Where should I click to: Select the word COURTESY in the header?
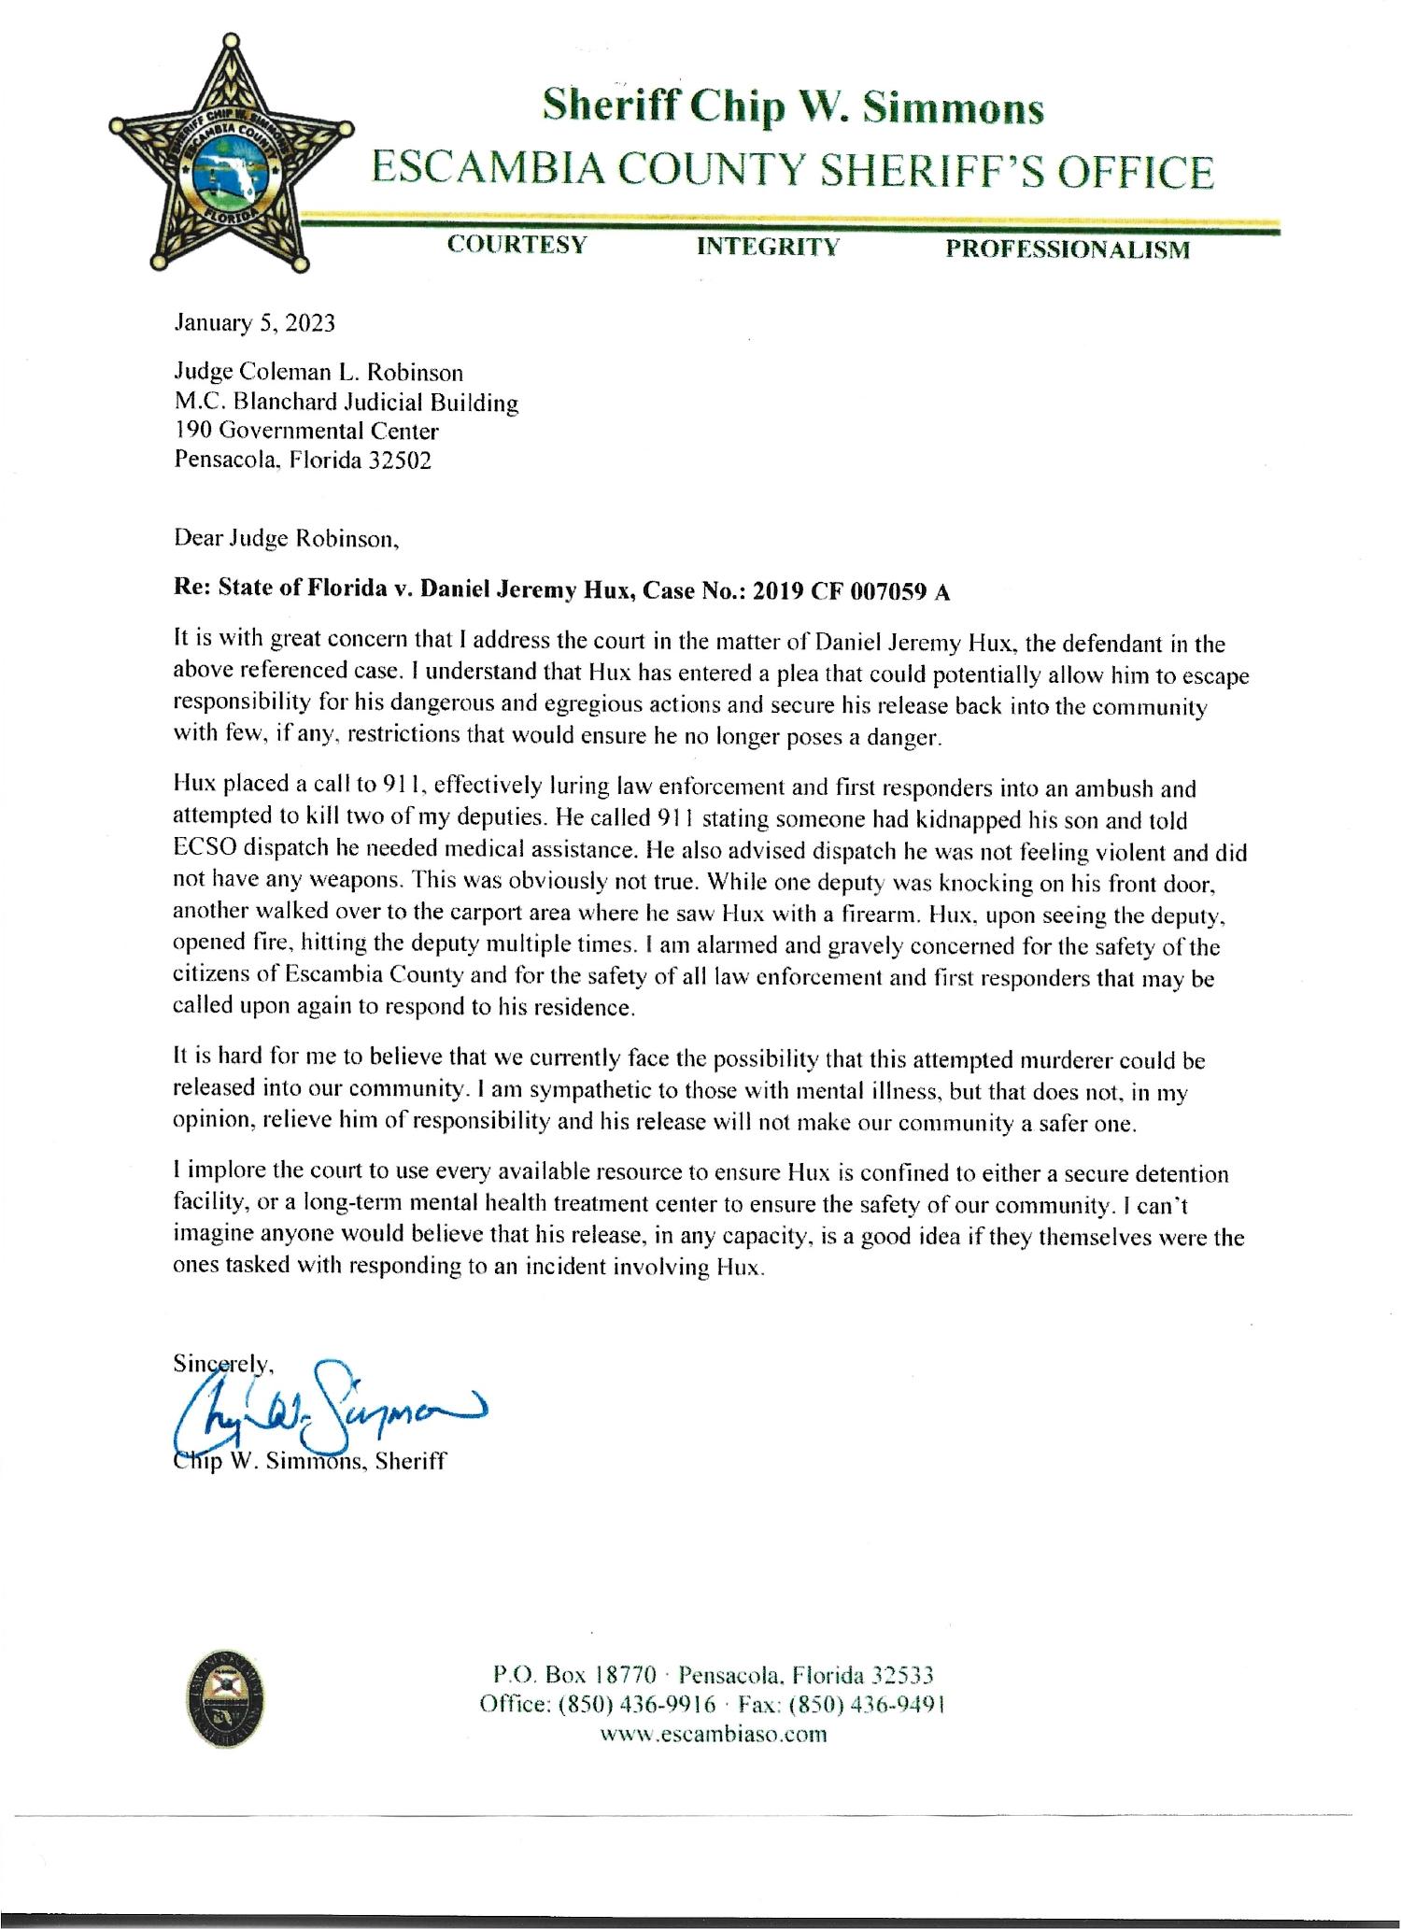(x=517, y=245)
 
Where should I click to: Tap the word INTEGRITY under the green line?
(x=768, y=247)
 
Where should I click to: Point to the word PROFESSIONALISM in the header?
(x=1068, y=249)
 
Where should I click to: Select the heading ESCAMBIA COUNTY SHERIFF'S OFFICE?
(x=793, y=173)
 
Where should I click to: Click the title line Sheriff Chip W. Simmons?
(x=793, y=108)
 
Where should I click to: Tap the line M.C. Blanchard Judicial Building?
(x=347, y=403)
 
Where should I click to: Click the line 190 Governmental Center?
(x=306, y=432)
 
